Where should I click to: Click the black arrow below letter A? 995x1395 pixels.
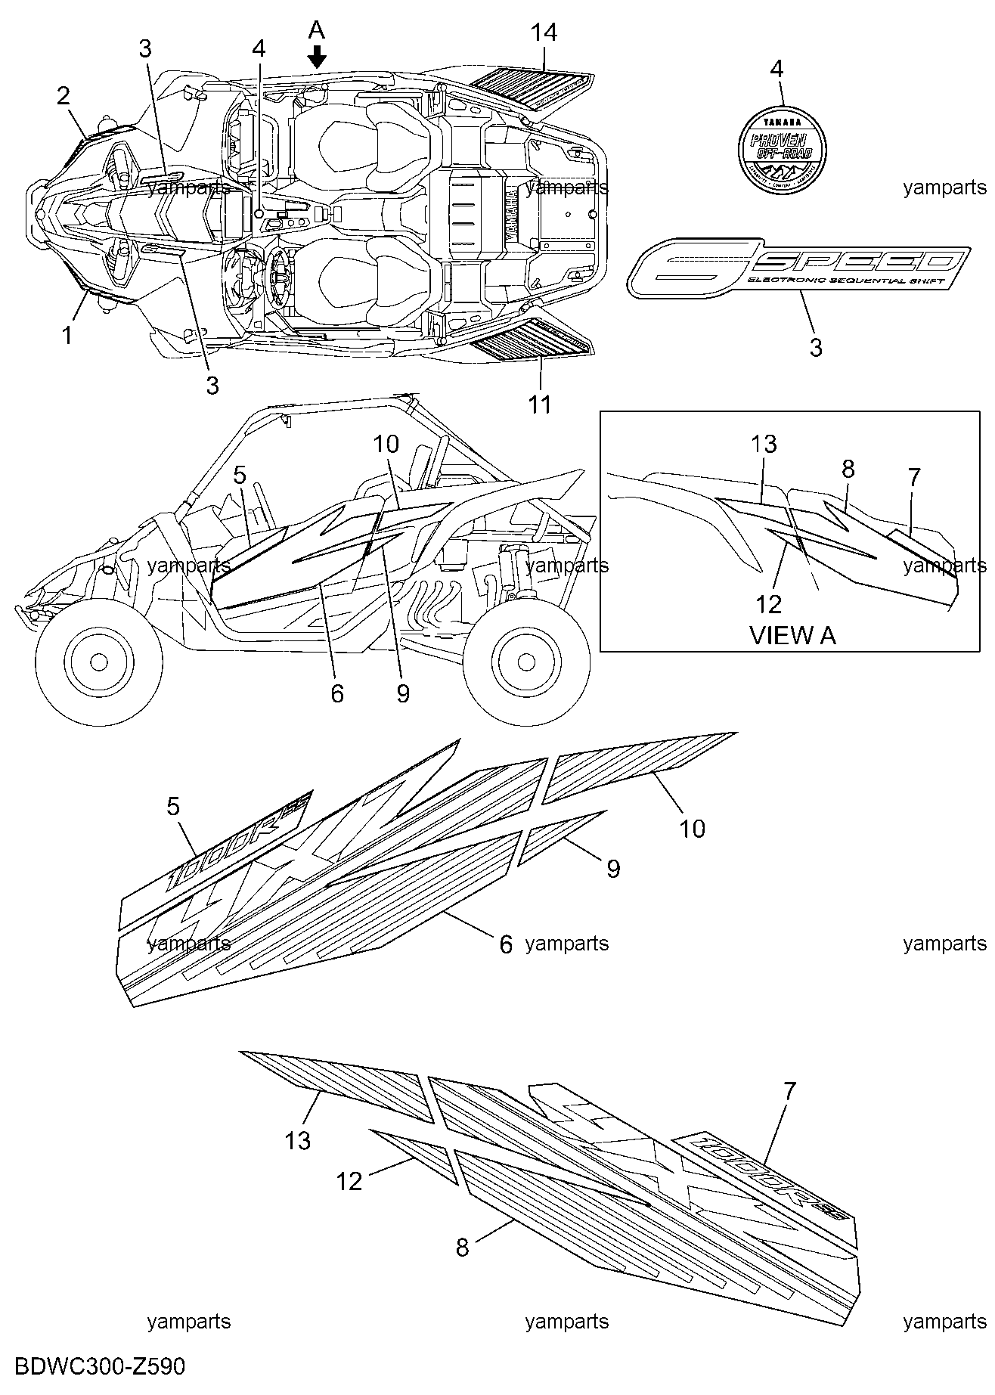pos(318,56)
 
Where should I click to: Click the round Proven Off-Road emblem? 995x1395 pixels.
pos(782,143)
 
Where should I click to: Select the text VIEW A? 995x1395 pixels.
pos(792,635)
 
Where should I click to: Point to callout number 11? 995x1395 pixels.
pos(540,405)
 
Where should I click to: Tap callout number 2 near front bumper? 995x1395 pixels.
pos(64,96)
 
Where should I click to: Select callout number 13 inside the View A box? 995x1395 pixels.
pos(764,444)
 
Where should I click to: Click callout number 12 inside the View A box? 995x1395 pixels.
pos(769,603)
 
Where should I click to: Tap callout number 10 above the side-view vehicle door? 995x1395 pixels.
pos(386,444)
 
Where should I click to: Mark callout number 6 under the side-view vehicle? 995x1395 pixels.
pos(337,693)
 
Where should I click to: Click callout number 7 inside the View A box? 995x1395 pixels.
pos(913,477)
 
